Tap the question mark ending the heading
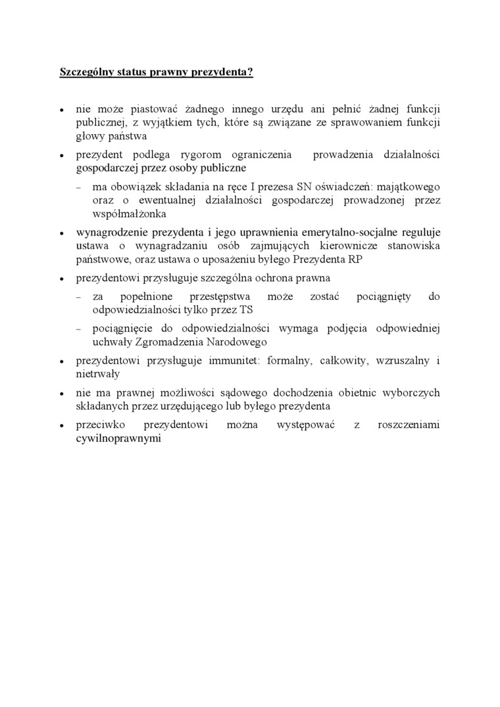[251, 72]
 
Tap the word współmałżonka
[130, 214]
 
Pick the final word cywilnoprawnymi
[118, 438]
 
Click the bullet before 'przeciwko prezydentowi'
[61, 426]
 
